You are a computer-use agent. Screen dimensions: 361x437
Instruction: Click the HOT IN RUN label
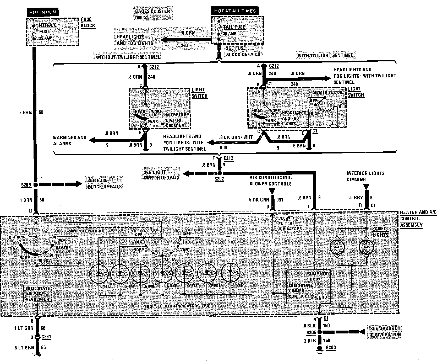click(x=42, y=12)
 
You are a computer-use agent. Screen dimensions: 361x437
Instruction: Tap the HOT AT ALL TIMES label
click(x=234, y=11)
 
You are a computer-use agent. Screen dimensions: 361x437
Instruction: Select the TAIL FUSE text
click(x=234, y=27)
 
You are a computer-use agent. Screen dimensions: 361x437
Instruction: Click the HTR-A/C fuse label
click(x=47, y=25)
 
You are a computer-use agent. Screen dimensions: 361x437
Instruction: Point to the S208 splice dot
click(x=36, y=185)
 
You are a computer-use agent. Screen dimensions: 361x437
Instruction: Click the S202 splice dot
click(x=220, y=173)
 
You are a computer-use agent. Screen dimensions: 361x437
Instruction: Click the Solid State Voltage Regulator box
click(x=37, y=293)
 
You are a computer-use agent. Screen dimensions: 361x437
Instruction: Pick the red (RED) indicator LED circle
click(x=207, y=273)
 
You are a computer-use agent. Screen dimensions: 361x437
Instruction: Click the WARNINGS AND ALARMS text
click(x=69, y=140)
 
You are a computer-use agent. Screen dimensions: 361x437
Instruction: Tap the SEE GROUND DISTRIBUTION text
click(x=385, y=331)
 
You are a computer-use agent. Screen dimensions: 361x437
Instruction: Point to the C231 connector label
click(x=46, y=337)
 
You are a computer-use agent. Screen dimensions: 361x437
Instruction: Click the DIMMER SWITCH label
click(x=327, y=92)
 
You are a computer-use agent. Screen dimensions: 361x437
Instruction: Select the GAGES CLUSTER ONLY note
click(x=152, y=14)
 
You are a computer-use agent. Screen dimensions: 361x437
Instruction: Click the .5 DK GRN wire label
click(x=258, y=200)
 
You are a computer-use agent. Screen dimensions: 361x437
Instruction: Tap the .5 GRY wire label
click(x=356, y=198)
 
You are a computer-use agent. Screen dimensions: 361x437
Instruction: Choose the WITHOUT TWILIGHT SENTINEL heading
click(x=128, y=57)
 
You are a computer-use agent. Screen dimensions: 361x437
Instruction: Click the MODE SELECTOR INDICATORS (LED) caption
click(x=177, y=306)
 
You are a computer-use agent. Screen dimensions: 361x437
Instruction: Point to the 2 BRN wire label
click(x=25, y=112)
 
